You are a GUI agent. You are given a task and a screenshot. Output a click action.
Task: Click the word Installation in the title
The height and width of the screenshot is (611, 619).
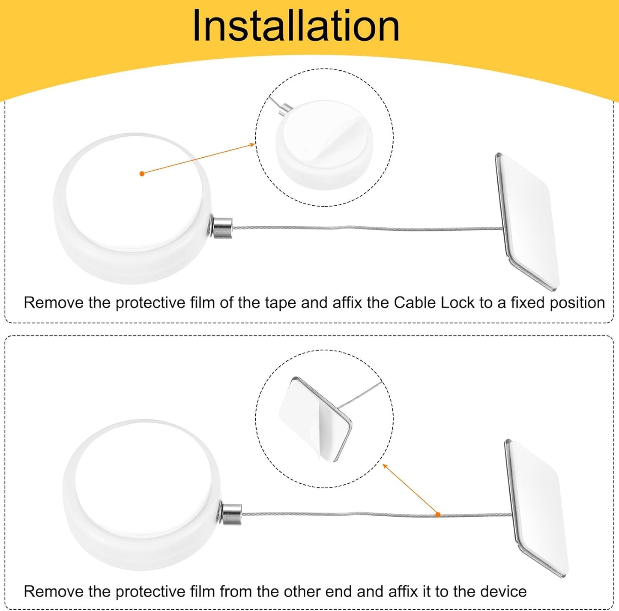[296, 26]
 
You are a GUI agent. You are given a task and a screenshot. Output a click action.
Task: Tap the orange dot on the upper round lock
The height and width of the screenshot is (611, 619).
[142, 174]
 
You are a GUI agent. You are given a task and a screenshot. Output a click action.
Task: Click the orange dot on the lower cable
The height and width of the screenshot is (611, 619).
[437, 515]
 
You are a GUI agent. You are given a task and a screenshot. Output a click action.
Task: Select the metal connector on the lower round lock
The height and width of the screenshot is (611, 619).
[230, 514]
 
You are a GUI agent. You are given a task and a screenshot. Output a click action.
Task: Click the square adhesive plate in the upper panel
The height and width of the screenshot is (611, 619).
[527, 222]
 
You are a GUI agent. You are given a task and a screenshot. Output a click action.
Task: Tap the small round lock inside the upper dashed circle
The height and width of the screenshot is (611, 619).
[324, 145]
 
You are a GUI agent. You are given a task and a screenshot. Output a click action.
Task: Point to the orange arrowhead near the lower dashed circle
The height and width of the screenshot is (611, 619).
[385, 466]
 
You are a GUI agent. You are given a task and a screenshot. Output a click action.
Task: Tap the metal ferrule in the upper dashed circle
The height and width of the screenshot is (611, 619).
[285, 109]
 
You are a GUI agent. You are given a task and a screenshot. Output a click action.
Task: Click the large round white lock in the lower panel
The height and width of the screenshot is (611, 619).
[142, 495]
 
